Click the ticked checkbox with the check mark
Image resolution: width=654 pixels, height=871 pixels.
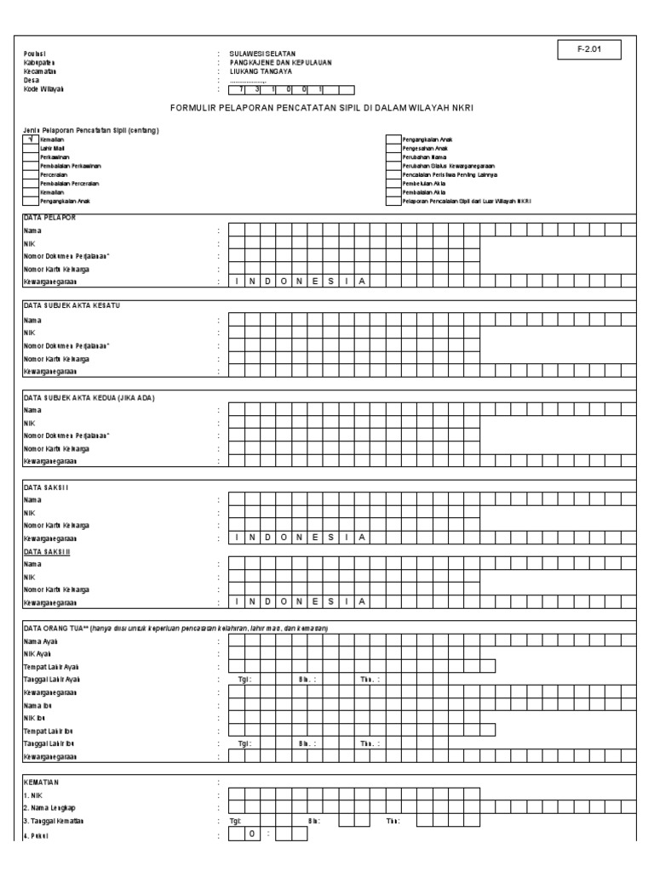31,139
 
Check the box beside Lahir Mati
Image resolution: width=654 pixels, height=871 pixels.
31,147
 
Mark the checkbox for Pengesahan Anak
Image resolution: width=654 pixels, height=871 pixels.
393,147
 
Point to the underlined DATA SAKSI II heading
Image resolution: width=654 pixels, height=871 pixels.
47,551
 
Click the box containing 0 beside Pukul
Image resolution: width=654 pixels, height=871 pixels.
251,834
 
